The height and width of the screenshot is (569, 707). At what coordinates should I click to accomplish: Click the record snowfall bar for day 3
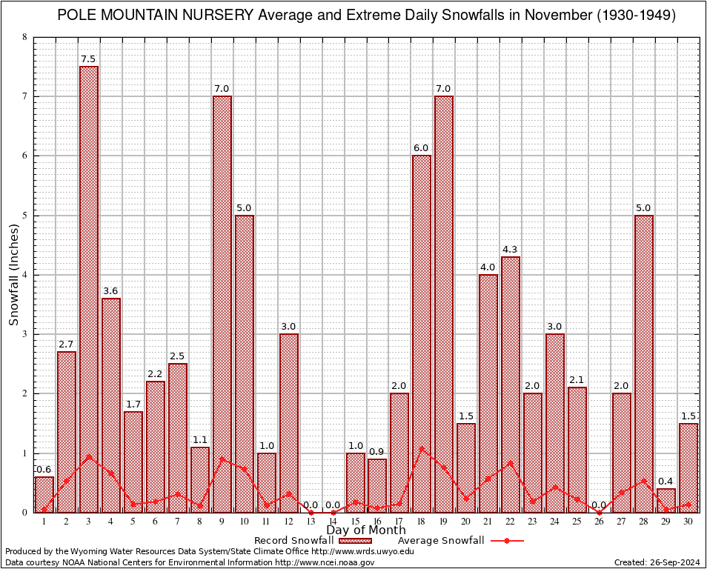[89, 289]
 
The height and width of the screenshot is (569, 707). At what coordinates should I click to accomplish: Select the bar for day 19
[444, 304]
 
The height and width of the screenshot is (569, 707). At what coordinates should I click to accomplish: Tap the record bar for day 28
[643, 363]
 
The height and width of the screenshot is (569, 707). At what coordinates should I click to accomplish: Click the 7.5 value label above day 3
[89, 59]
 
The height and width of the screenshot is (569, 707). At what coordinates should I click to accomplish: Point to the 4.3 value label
[511, 250]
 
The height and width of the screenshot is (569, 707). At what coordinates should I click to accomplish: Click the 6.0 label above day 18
[422, 148]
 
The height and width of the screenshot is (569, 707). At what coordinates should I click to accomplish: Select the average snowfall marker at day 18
[422, 447]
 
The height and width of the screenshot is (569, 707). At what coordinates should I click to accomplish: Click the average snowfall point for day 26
[599, 512]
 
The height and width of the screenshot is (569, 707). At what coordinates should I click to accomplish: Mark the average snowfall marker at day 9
[222, 458]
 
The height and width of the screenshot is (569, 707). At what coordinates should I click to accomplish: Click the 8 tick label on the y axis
[24, 37]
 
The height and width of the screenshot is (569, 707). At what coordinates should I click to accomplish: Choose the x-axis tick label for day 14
[333, 522]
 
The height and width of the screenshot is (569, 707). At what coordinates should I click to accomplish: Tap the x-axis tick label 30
[688, 522]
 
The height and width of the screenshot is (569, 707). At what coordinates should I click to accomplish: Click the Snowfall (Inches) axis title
[14, 274]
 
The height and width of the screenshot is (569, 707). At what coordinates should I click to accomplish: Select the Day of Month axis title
[366, 530]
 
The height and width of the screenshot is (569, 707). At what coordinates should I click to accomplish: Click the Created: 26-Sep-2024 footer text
[657, 562]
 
